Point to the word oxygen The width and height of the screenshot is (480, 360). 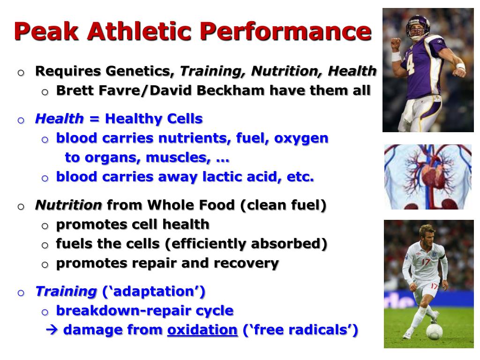pyautogui.click(x=301, y=138)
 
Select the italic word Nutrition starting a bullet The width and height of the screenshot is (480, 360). pyautogui.click(x=69, y=205)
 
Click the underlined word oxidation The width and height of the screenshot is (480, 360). pyautogui.click(x=202, y=330)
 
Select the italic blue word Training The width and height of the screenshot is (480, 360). pyautogui.click(x=66, y=291)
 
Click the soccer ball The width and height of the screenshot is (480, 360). pyautogui.click(x=434, y=331)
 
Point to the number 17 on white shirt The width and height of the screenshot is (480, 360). pyautogui.click(x=426, y=261)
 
